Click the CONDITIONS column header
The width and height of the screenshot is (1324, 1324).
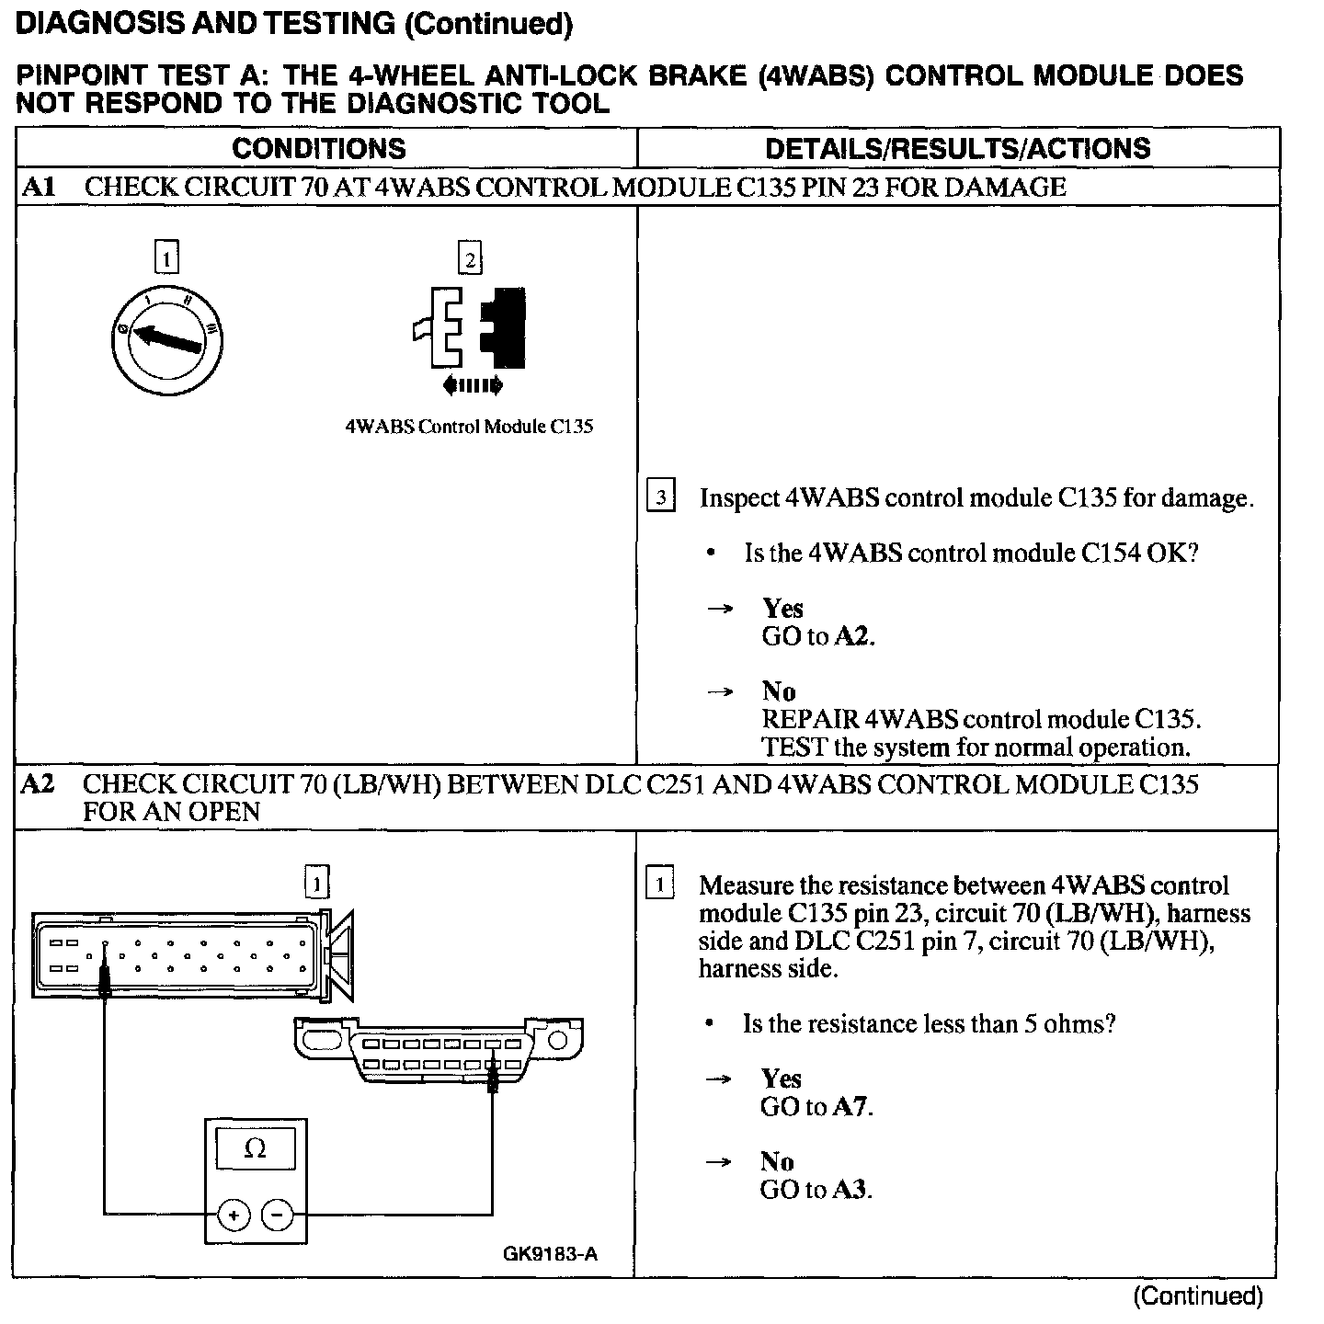[x=318, y=148]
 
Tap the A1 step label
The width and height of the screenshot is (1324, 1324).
[x=39, y=188]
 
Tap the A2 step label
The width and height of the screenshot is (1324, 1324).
[x=38, y=784]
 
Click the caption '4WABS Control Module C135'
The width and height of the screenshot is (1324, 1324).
[x=469, y=427]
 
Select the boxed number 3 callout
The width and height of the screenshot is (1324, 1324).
[x=661, y=496]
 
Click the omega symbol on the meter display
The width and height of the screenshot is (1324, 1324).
[x=256, y=1149]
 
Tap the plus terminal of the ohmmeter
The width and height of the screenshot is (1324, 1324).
[x=234, y=1216]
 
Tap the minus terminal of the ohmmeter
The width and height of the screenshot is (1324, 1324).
[x=279, y=1216]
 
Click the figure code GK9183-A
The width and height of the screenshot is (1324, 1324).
[x=550, y=1254]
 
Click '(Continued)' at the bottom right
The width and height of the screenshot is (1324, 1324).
[x=1198, y=1296]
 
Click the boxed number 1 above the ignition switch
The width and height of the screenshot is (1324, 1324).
[x=166, y=259]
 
